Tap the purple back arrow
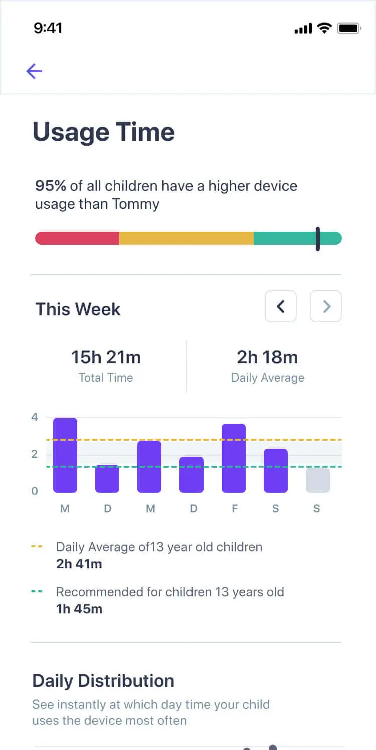(34, 71)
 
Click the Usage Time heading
(104, 132)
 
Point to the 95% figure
(51, 186)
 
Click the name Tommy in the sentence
(136, 204)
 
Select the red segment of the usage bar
(77, 238)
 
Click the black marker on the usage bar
(318, 238)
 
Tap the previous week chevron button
(281, 306)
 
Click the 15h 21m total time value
(106, 357)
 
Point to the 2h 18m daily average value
(267, 357)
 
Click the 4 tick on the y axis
(35, 417)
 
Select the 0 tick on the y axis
(35, 491)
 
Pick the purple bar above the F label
(234, 458)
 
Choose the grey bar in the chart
(318, 480)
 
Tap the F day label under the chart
(234, 509)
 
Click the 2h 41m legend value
(79, 564)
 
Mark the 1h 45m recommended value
(79, 609)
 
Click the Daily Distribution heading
(103, 681)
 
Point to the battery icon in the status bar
(349, 29)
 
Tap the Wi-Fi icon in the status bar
(324, 29)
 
